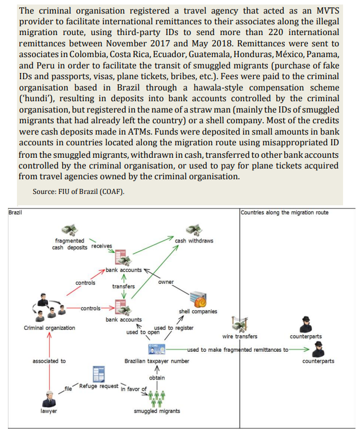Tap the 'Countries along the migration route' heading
pyautogui.click(x=284, y=213)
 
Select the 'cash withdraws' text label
pyautogui.click(x=194, y=241)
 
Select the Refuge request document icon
pyautogui.click(x=99, y=374)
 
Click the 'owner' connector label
pyautogui.click(x=166, y=282)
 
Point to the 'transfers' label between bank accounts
pyautogui.click(x=123, y=286)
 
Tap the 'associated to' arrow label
pyautogui.click(x=49, y=361)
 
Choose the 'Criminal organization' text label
pyautogui.click(x=49, y=328)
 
